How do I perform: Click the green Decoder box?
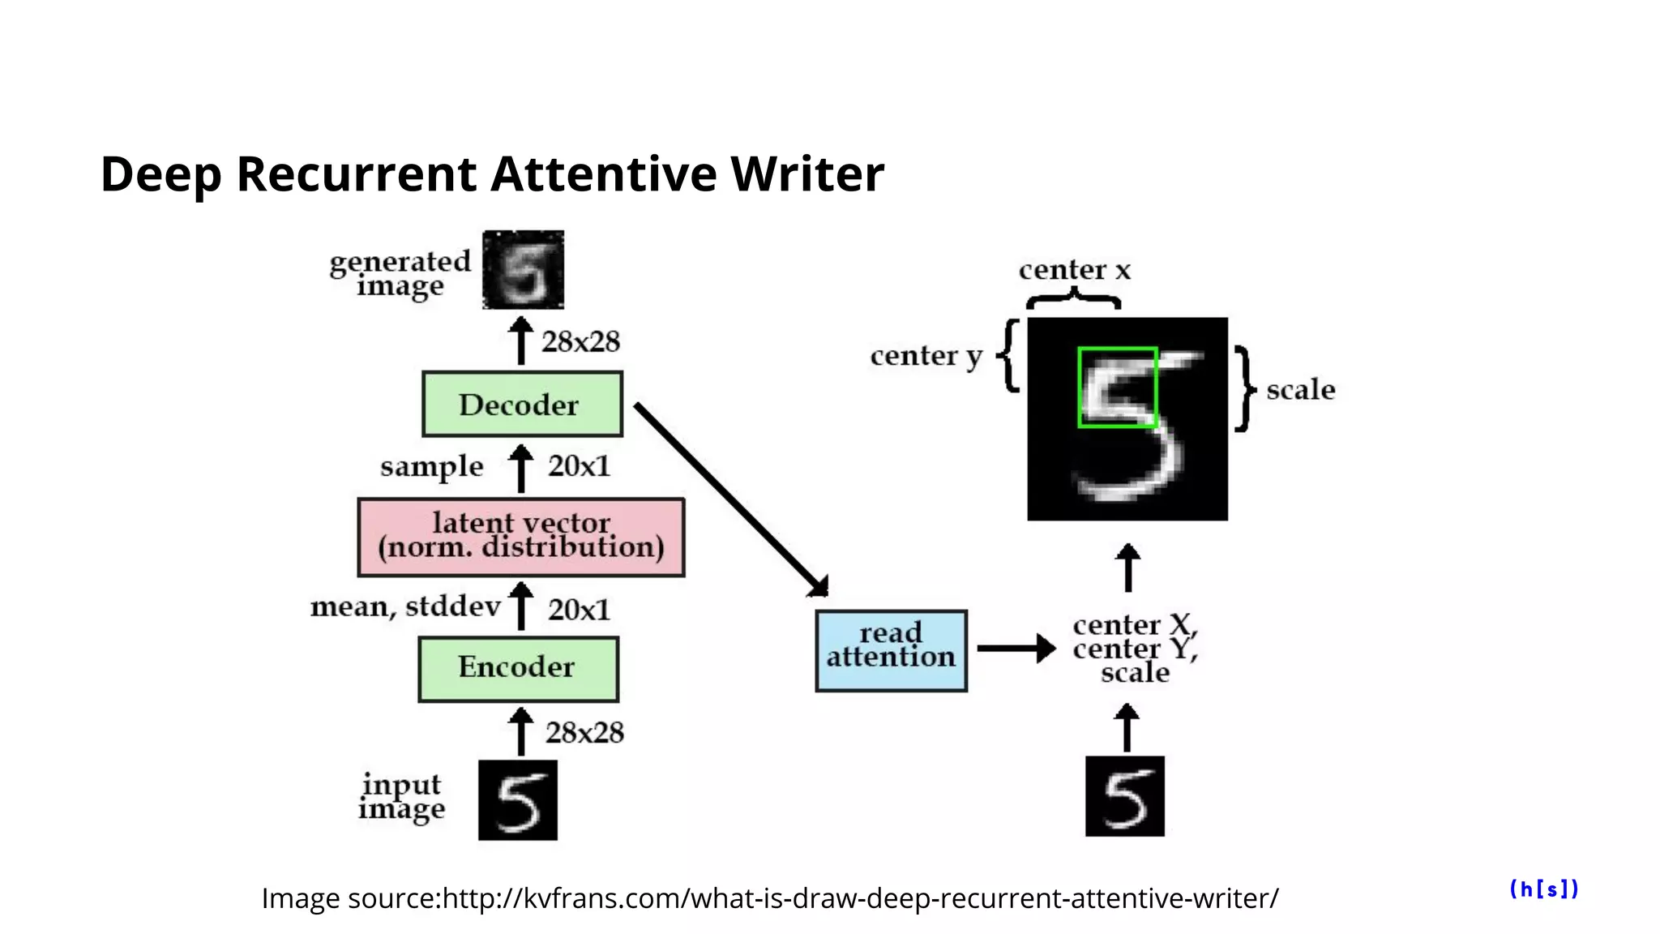point(522,404)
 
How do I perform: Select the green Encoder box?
point(518,669)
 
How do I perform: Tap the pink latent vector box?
point(520,537)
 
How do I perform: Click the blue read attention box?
point(891,650)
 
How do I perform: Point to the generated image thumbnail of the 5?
point(523,270)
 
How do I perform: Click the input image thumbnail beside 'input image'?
point(517,799)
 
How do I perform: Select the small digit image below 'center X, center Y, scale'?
point(1124,795)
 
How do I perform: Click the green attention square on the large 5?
point(1117,388)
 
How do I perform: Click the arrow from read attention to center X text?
point(1016,649)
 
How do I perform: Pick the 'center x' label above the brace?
point(1074,270)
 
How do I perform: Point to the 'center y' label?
point(926,356)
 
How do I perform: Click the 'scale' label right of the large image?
point(1300,390)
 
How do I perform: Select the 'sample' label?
point(431,467)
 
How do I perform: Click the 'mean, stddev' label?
point(405,606)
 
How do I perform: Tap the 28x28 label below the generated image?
point(580,342)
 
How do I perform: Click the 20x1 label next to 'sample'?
point(579,466)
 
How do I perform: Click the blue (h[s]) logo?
point(1543,889)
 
